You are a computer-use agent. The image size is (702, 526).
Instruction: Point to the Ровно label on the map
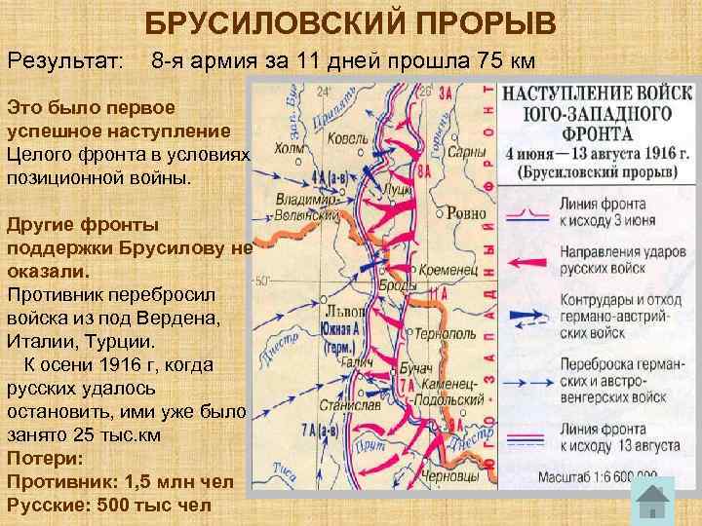pyautogui.click(x=470, y=212)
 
